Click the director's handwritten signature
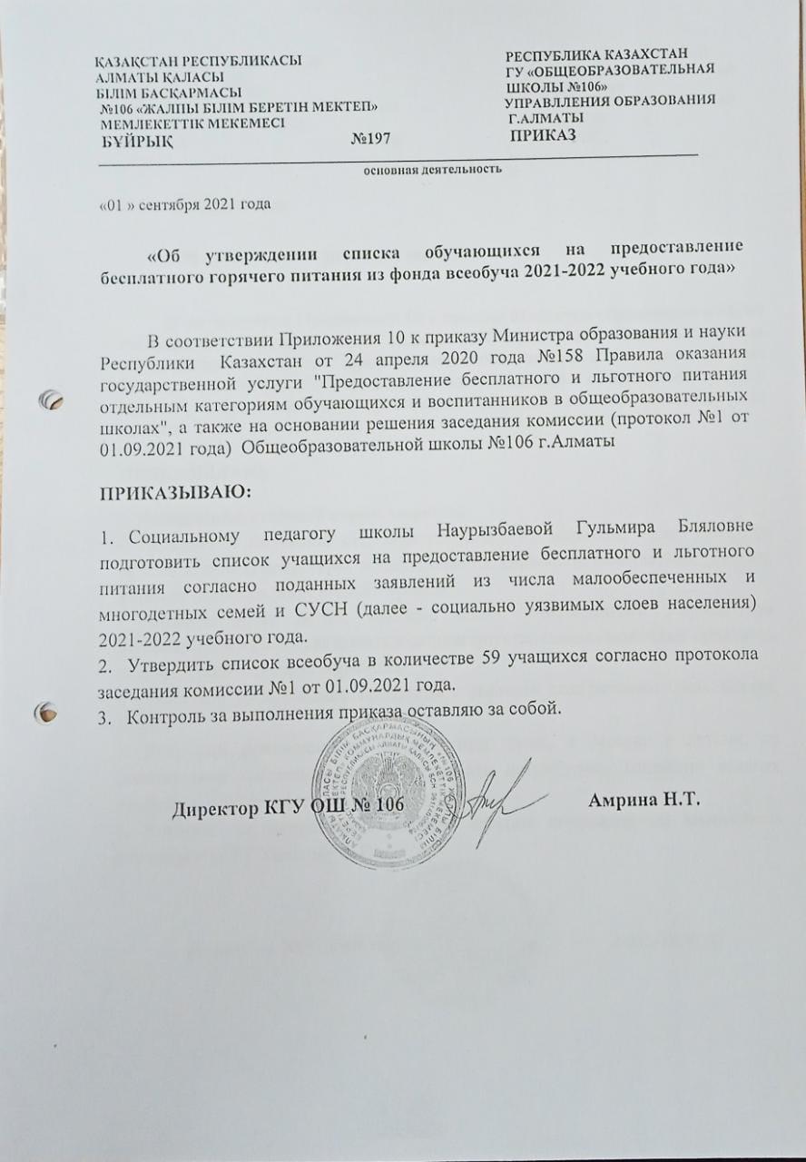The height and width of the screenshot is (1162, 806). pyautogui.click(x=499, y=799)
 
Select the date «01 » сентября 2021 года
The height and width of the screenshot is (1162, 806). pyautogui.click(x=184, y=203)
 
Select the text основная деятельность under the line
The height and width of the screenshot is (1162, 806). pyautogui.click(x=433, y=170)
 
